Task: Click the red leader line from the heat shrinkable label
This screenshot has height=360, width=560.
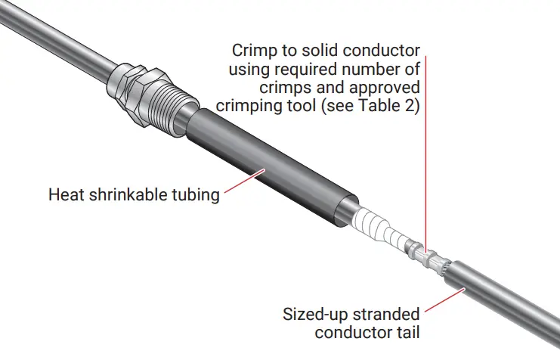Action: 242,185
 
